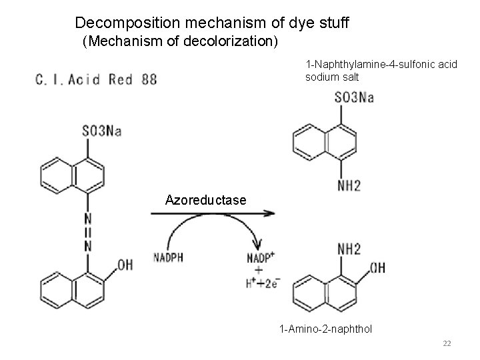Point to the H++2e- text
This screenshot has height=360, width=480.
point(262,283)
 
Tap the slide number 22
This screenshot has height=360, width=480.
point(447,343)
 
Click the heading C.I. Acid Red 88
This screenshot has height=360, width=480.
point(96,80)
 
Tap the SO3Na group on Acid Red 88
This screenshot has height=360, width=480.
point(101,131)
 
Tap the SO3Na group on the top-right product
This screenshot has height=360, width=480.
point(354,97)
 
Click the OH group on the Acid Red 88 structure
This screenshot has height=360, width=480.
point(125,265)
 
